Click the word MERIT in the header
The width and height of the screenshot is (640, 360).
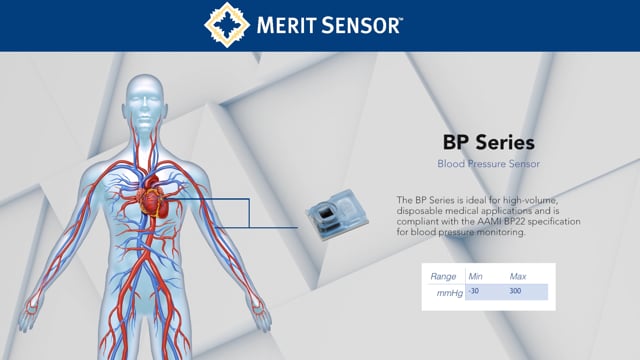(x=291, y=25)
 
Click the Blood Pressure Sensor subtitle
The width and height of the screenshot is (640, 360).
(x=489, y=162)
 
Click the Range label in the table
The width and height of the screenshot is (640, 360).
(x=443, y=276)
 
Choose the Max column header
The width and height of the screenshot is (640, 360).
(x=518, y=276)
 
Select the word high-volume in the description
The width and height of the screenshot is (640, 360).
(x=519, y=200)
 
